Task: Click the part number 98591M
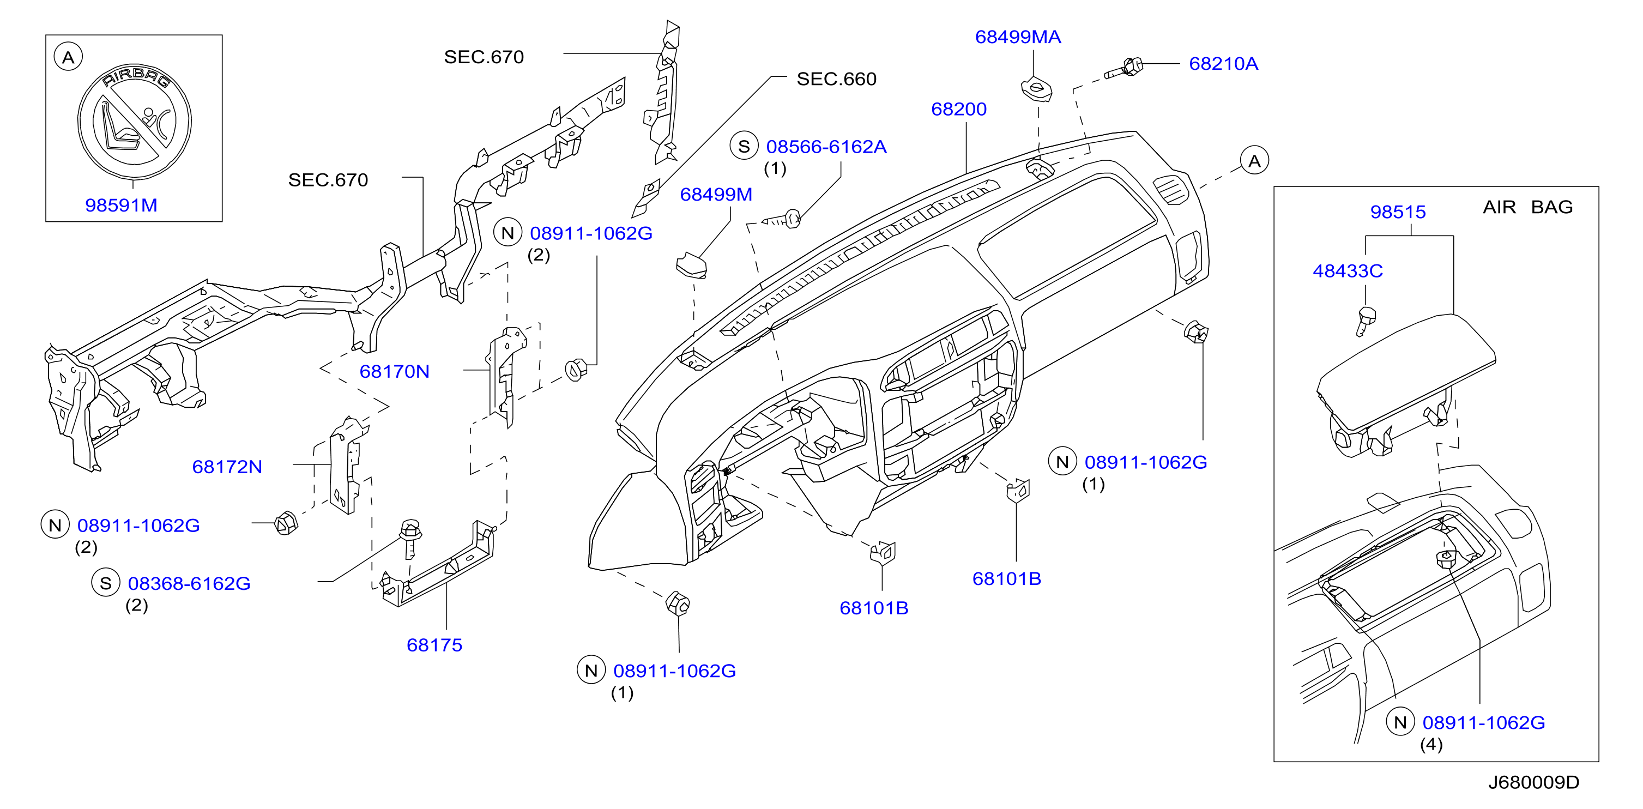coord(121,206)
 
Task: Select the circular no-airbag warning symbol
coord(135,121)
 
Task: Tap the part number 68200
coord(959,109)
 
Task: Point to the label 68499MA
coord(1018,37)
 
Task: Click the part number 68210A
coord(1223,64)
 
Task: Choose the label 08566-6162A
coord(826,147)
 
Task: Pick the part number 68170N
coord(394,371)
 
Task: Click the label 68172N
coord(227,467)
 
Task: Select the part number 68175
coord(434,645)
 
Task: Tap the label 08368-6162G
coord(189,584)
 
